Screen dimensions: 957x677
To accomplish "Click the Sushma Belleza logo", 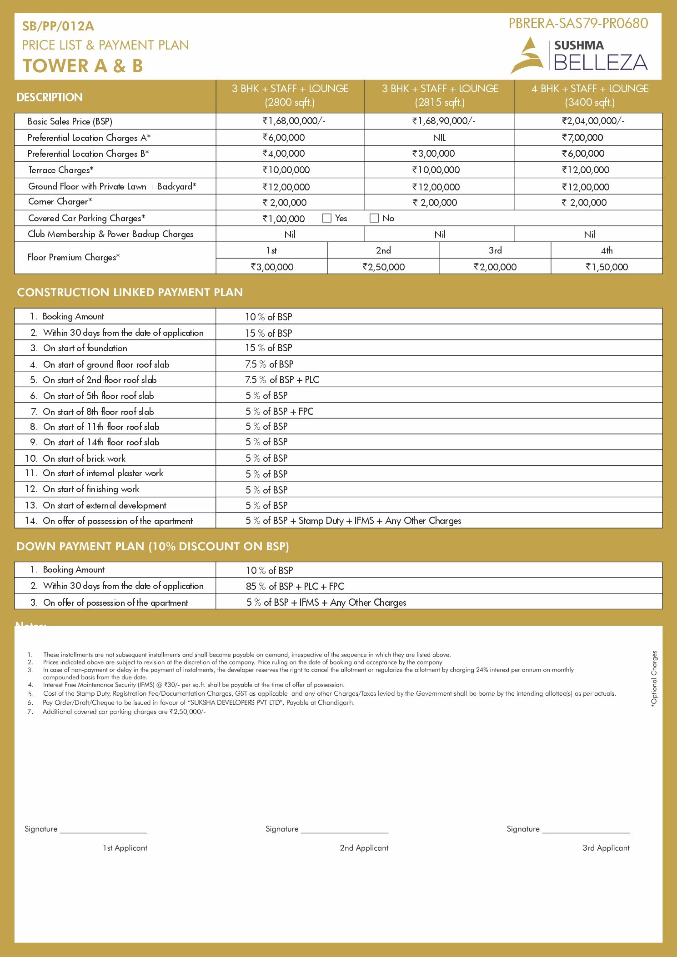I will (579, 55).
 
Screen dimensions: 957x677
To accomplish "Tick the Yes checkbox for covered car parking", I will (326, 218).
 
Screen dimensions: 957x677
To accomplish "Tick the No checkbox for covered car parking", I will (374, 218).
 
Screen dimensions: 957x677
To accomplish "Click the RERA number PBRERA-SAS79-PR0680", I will (578, 24).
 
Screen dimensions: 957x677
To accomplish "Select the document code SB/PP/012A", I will (58, 26).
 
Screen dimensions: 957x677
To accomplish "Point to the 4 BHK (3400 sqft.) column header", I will (590, 95).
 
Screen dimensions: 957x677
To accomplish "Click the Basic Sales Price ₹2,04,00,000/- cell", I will (593, 121).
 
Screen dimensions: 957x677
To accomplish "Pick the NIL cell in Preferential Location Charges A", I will (439, 138).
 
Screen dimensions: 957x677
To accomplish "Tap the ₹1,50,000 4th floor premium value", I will (607, 267).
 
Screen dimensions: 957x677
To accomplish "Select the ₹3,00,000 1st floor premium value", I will (272, 267).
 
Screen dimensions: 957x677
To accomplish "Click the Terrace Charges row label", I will (61, 170).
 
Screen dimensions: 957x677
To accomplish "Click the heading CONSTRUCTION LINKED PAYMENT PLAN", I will (130, 292).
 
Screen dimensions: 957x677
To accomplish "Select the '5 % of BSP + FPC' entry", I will (279, 412).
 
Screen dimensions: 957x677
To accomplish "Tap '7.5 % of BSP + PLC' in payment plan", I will (282, 380).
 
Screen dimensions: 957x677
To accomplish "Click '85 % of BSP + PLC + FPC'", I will (295, 587).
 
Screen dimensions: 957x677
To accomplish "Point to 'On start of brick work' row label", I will (84, 459).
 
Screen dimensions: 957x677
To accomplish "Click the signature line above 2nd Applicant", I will (345, 832).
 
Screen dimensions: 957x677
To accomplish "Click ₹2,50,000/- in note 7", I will (187, 712).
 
